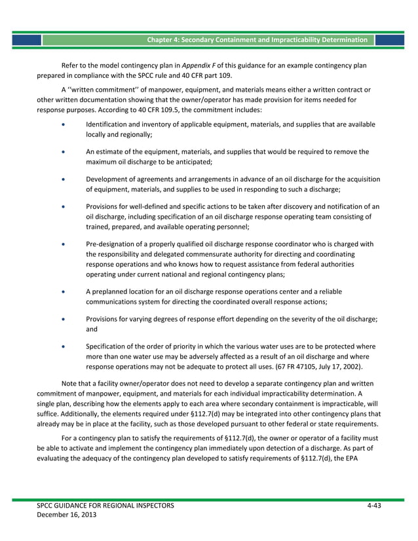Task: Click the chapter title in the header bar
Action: [x=257, y=40]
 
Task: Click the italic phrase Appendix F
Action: [x=200, y=65]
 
